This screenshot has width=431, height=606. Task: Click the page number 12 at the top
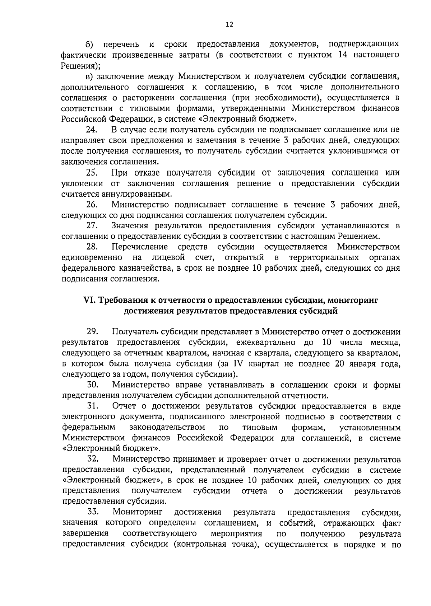230,24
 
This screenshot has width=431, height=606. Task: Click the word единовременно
92,258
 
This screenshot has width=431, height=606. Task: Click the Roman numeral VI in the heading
88,300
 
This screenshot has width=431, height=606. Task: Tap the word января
365,363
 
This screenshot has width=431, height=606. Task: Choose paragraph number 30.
93,385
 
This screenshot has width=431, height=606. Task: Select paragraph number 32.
93,460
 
